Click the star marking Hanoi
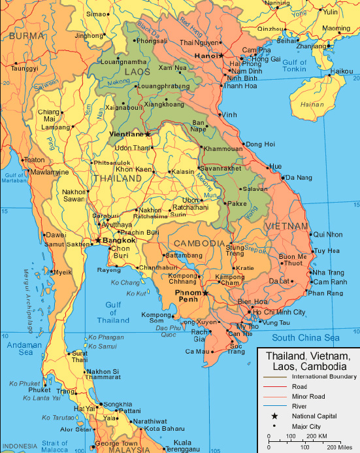(x=221, y=55)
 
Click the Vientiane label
(x=125, y=134)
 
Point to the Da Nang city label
(x=299, y=177)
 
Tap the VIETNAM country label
(x=286, y=226)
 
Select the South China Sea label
(x=306, y=338)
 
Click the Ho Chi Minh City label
(x=278, y=312)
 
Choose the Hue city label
(x=276, y=167)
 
